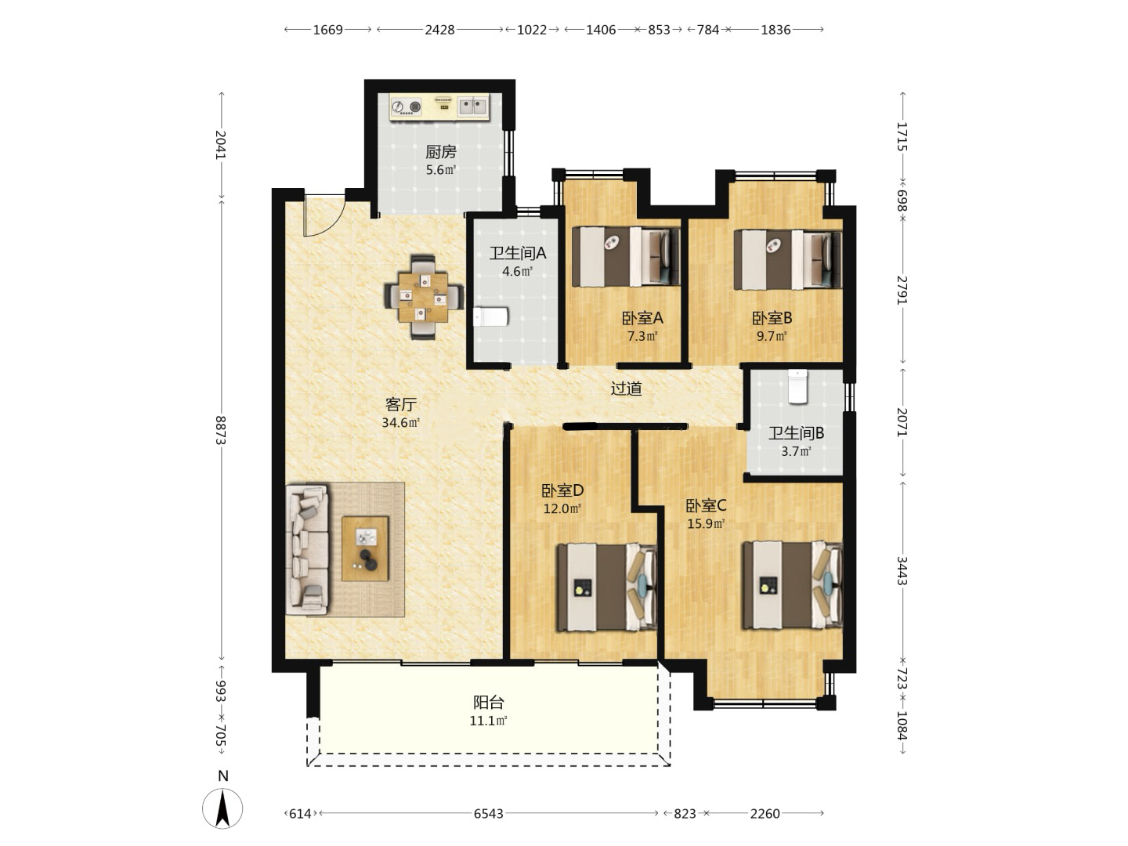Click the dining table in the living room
423,297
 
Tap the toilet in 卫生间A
491,316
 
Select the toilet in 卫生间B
798,386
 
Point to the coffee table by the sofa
365,548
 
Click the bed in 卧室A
626,256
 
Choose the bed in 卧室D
607,587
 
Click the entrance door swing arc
324,216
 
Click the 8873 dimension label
220,431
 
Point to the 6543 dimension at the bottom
488,814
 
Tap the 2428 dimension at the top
439,30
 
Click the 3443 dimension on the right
902,571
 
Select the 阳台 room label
488,702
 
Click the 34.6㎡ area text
401,423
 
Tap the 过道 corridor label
627,389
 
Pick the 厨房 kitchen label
441,152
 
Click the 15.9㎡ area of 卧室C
706,524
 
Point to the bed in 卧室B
788,258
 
